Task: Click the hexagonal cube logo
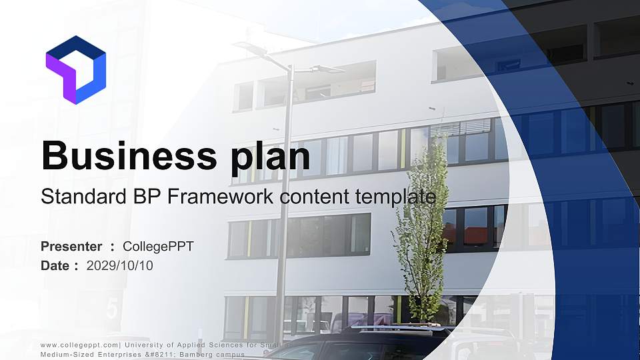(x=75, y=70)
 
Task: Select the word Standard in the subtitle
(x=79, y=197)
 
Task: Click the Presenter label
(x=71, y=247)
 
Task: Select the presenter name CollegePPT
(x=159, y=247)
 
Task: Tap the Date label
(x=55, y=266)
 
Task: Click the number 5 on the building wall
(x=111, y=309)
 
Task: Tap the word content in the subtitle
(x=313, y=197)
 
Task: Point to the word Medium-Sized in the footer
(x=64, y=354)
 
